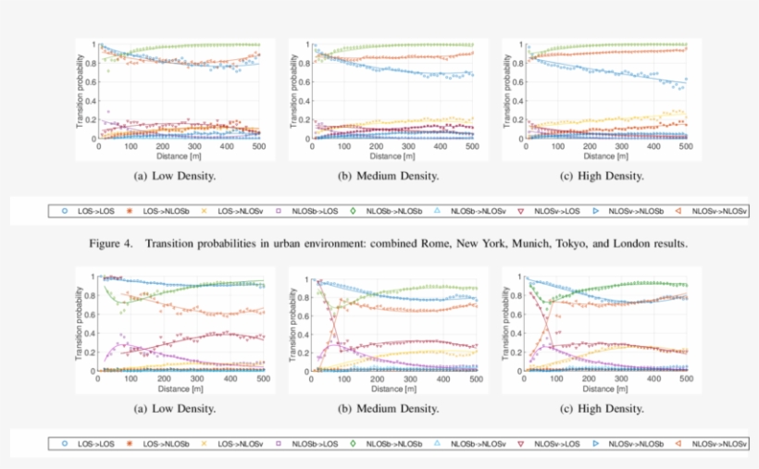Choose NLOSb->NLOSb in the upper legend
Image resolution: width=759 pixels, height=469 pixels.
pyautogui.click(x=396, y=211)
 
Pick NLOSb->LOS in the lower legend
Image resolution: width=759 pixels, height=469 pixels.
pyautogui.click(x=318, y=443)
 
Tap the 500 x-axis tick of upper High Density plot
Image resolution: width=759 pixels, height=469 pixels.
pyautogui.click(x=686, y=146)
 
